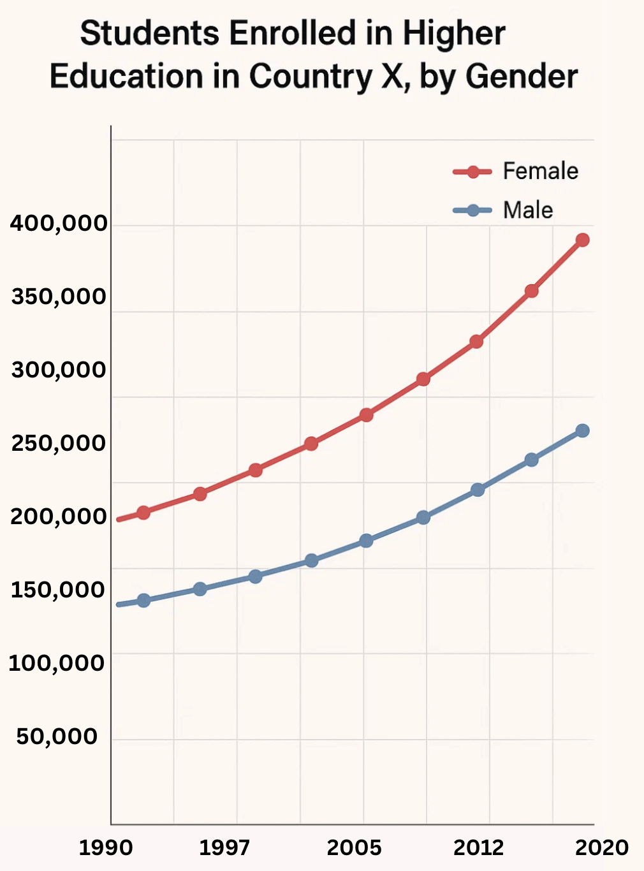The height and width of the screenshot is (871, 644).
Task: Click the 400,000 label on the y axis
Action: [x=59, y=224]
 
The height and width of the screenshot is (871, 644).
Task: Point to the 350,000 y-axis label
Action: [x=59, y=297]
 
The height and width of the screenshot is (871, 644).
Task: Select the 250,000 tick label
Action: [x=59, y=443]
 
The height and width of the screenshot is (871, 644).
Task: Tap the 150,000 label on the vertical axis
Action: [x=57, y=590]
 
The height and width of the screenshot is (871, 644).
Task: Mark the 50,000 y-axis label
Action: [x=57, y=736]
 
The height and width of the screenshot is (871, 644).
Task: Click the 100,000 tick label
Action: [x=56, y=663]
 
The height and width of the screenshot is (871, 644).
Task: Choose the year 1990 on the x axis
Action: [x=106, y=847]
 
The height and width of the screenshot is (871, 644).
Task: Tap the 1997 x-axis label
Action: [x=224, y=847]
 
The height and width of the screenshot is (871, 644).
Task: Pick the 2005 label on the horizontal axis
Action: [x=354, y=847]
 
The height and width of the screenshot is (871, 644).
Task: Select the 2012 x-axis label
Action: [x=478, y=847]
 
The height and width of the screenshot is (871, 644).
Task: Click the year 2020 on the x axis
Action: [x=602, y=847]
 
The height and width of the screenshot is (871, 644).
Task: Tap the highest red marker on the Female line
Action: [x=582, y=240]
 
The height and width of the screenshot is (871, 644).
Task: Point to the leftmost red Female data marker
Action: [x=143, y=512]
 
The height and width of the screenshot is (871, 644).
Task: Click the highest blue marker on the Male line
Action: [x=582, y=431]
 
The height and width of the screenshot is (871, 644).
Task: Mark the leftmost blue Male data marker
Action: [x=143, y=600]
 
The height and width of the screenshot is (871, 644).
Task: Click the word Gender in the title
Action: [x=521, y=77]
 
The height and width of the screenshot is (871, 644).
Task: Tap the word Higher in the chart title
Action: [x=453, y=34]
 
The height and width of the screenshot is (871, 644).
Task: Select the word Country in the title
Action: [x=310, y=77]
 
